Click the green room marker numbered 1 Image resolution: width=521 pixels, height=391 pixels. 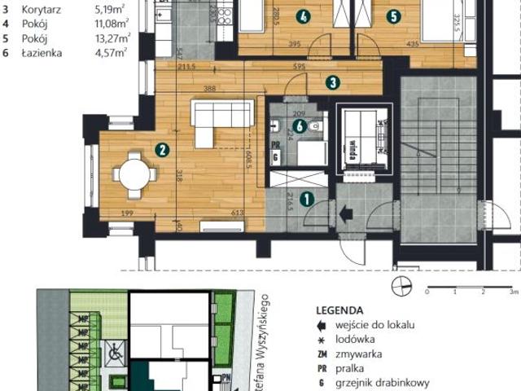click(307, 197)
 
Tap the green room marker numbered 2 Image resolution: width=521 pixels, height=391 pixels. click(163, 149)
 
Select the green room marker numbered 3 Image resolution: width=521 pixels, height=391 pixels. click(332, 81)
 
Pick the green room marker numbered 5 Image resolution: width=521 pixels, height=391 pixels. click(394, 15)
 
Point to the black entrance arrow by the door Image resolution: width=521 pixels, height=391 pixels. click(345, 214)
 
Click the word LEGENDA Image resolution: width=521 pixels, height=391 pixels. click(339, 310)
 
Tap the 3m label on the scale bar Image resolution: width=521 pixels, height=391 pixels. click(512, 291)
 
